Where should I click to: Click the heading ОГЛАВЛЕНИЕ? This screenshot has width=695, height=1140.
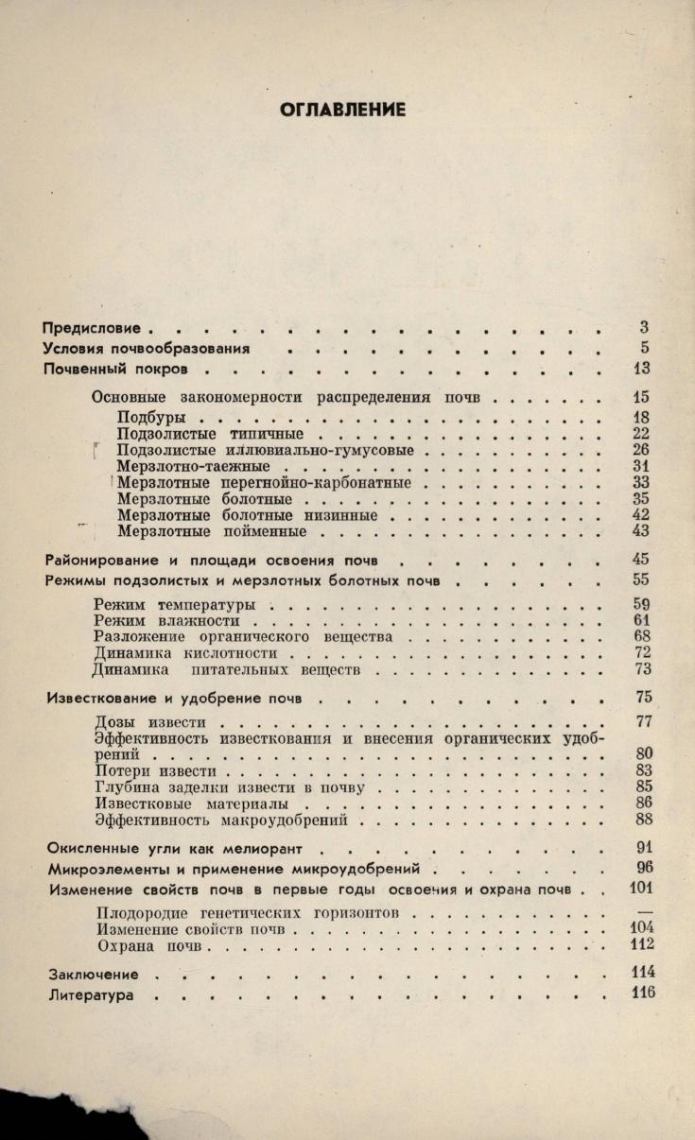pyautogui.click(x=343, y=111)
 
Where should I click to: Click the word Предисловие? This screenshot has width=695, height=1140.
pyautogui.click(x=92, y=328)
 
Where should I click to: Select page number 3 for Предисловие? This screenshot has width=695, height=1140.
pyautogui.click(x=643, y=328)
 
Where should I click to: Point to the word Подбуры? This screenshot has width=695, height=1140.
pyautogui.click(x=150, y=417)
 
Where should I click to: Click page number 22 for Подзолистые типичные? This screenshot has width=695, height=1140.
pyautogui.click(x=640, y=434)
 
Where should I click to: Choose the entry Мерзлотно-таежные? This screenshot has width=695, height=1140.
pyautogui.click(x=194, y=466)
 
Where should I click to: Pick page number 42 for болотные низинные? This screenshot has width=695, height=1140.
pyautogui.click(x=640, y=515)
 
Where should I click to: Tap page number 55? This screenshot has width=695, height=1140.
pyautogui.click(x=640, y=579)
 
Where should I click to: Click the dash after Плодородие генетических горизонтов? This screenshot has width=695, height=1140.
pyautogui.click(x=646, y=912)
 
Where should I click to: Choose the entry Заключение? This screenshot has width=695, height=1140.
pyautogui.click(x=94, y=974)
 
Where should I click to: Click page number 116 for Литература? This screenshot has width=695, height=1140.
pyautogui.click(x=642, y=993)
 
